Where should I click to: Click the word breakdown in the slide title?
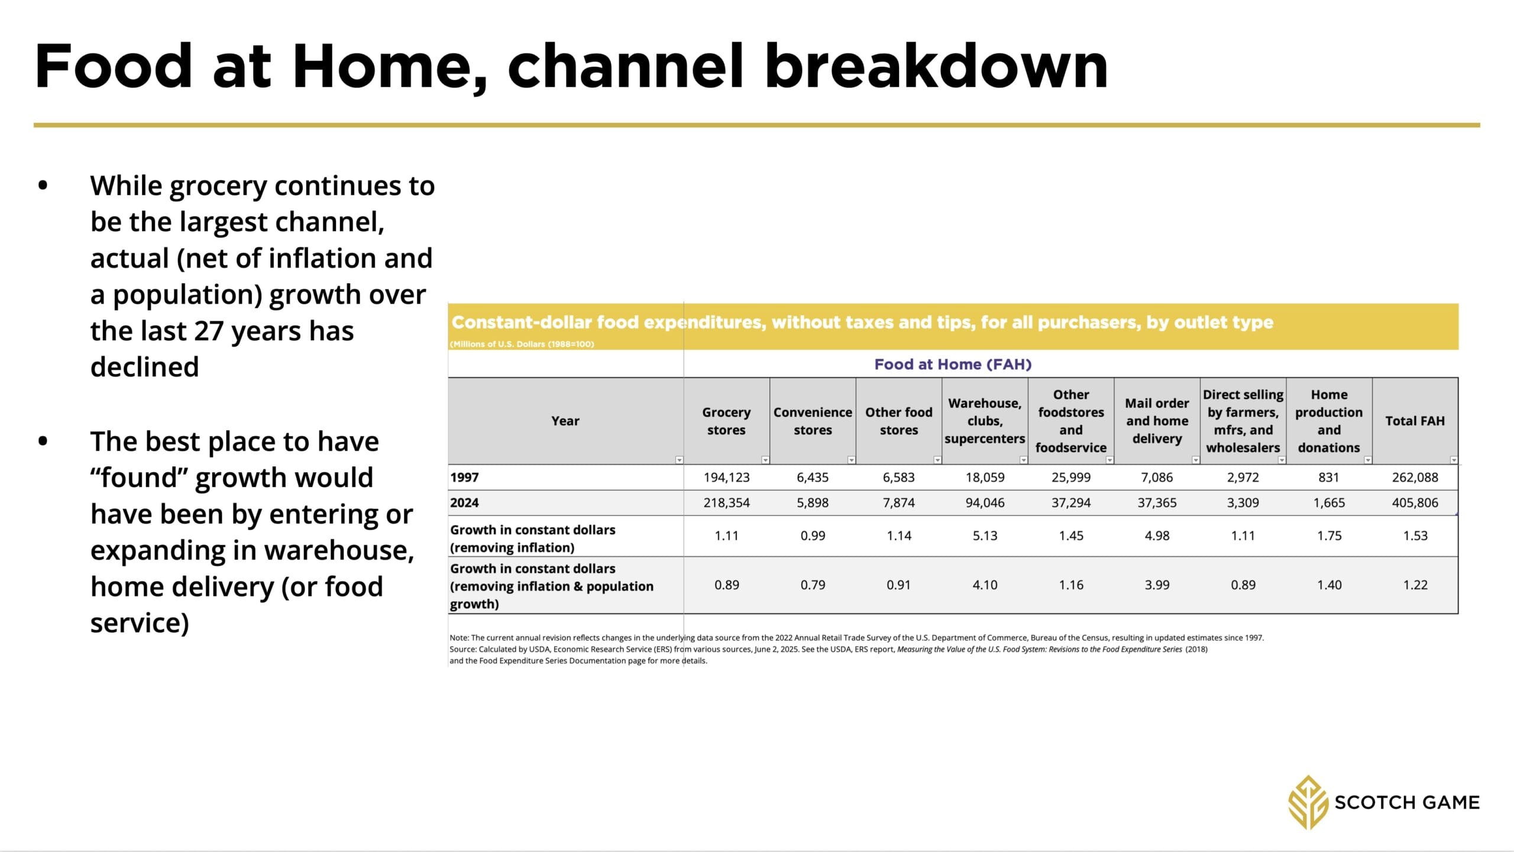coord(936,66)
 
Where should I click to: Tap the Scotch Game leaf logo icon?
coord(1309,802)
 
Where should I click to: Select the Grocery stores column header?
coord(726,421)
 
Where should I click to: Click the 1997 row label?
coord(464,477)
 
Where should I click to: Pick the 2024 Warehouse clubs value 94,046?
coord(985,503)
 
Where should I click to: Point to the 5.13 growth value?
coord(985,535)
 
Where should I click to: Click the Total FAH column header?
coord(1415,421)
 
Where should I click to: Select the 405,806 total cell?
coord(1415,503)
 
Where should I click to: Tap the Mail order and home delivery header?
coord(1157,421)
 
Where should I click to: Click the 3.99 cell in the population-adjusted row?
coord(1157,585)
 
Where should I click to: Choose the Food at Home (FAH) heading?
coord(953,364)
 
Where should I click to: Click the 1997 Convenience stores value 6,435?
coord(813,477)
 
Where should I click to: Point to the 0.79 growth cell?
coord(813,585)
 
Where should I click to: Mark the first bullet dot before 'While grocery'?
coord(43,186)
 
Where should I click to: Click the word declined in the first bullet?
coord(144,367)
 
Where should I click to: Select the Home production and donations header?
coord(1329,421)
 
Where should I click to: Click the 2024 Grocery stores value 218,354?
coord(726,503)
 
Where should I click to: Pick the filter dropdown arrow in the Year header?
coord(679,460)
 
